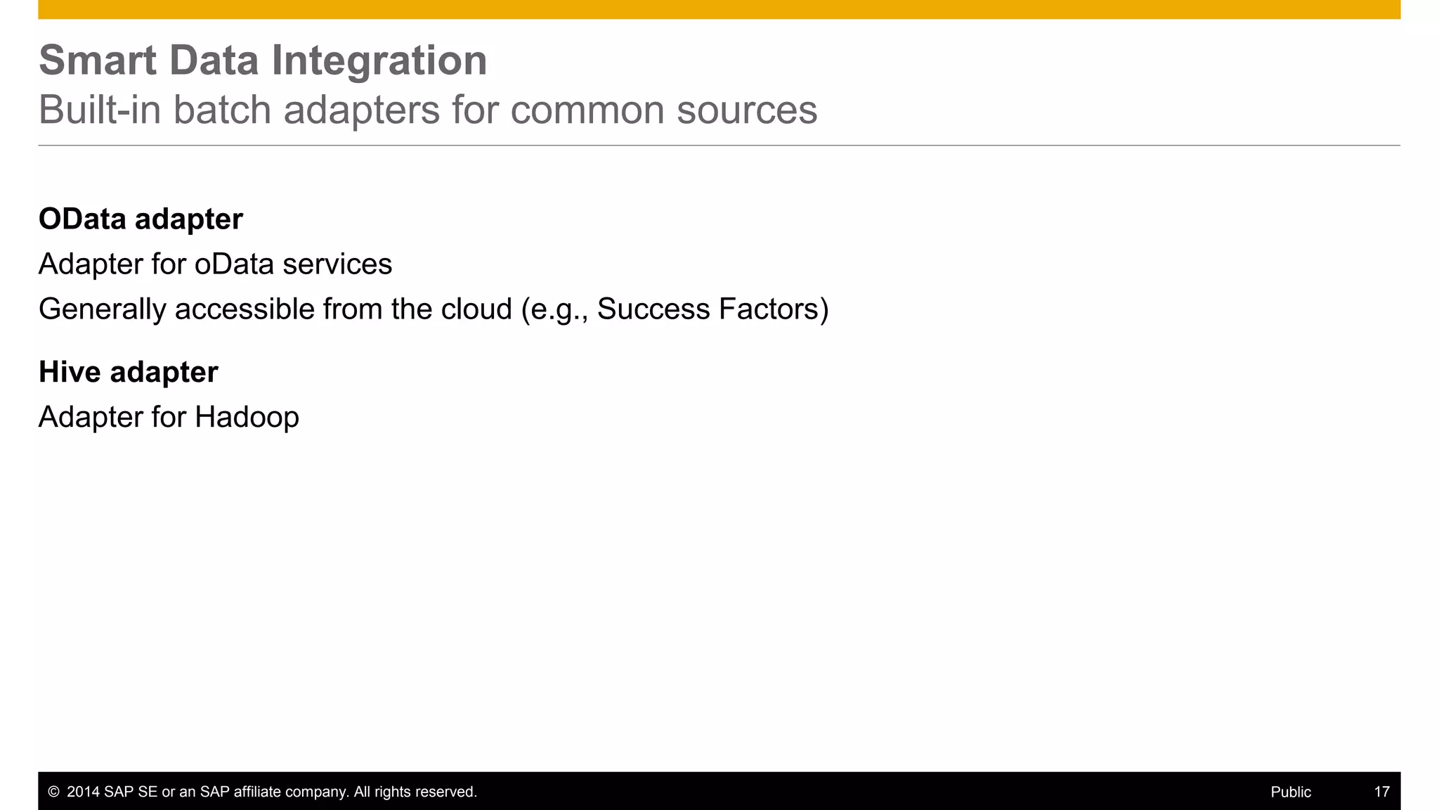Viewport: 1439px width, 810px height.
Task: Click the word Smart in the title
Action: click(97, 60)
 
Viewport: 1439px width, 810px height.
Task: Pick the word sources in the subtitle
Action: click(746, 110)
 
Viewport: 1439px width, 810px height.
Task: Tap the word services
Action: click(337, 264)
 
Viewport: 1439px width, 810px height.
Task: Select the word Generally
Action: click(102, 309)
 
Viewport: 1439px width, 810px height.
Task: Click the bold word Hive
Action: click(70, 372)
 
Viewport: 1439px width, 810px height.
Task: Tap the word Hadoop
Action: click(247, 418)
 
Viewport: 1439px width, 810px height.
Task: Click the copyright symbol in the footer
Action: click(53, 792)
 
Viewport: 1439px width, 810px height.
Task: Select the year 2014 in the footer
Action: click(83, 792)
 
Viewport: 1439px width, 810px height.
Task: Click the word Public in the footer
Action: click(1291, 792)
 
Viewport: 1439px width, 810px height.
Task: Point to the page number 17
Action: click(1381, 792)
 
